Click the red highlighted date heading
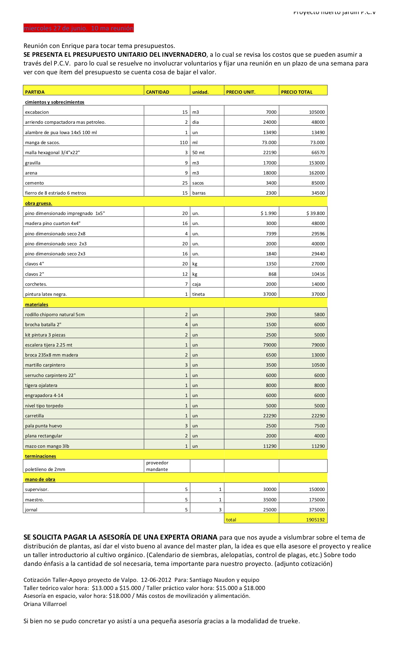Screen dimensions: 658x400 coord(78,28)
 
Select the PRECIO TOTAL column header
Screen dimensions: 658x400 coord(296,92)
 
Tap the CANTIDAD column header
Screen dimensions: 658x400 coord(157,92)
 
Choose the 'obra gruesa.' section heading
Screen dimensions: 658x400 coord(39,203)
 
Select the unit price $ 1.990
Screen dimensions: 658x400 coord(269,213)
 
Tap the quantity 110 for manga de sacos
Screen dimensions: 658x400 coord(184,143)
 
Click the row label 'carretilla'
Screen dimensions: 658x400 coord(35,416)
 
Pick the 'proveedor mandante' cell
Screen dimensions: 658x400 coord(157,466)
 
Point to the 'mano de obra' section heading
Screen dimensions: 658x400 coord(40,479)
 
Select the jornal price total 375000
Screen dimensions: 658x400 coord(317,510)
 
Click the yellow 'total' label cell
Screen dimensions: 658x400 coord(231,520)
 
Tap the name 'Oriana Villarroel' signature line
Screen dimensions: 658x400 coord(45,604)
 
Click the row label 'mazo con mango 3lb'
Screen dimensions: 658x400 coord(47,446)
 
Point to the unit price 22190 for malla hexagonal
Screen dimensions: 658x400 coord(269,153)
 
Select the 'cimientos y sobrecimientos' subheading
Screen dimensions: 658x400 coord(55,102)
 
